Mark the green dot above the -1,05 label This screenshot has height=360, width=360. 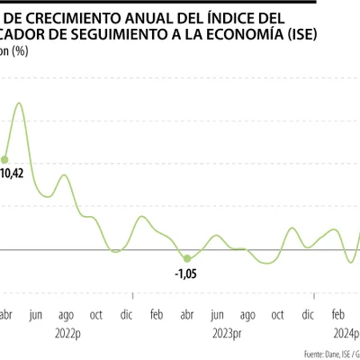pos(186,258)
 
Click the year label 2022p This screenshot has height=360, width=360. pos(66,332)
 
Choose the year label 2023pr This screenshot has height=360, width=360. pos(225,332)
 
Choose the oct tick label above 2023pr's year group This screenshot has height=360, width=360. pos(277,315)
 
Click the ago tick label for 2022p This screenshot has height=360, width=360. pos(66,315)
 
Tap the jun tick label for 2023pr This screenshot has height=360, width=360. pos(217,315)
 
